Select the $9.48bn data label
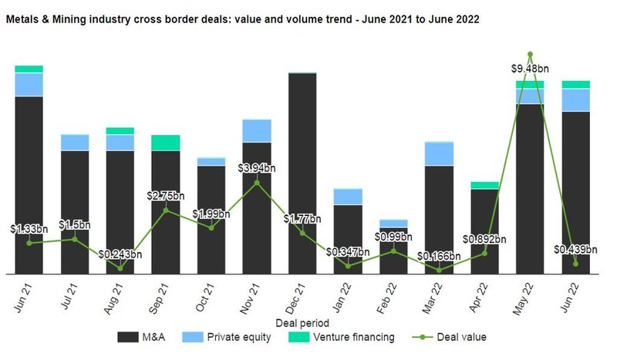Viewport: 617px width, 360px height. (529, 69)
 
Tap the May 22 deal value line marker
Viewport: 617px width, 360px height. (530, 55)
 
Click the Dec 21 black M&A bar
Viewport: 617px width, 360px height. (302, 173)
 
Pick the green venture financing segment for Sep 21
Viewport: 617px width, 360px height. (166, 143)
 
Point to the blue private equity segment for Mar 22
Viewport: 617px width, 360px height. (439, 154)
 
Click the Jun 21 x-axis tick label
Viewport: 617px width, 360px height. (25, 296)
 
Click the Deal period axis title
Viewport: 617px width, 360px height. (302, 322)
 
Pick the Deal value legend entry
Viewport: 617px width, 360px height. (453, 337)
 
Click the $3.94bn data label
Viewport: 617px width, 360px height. (257, 167)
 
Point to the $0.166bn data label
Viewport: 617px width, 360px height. (438, 256)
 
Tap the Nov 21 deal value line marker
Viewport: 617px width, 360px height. (257, 182)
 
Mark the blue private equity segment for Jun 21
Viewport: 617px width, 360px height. (29, 84)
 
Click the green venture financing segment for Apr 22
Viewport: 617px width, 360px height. (484, 185)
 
